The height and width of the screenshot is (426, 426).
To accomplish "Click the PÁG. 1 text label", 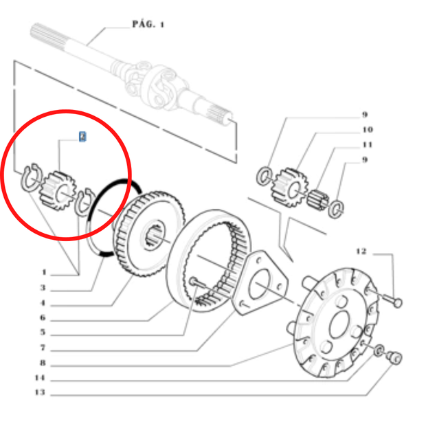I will tap(148, 24).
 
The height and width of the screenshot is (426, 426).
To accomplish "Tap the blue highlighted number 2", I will tap(82, 137).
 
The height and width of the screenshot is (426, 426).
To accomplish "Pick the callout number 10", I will tap(367, 129).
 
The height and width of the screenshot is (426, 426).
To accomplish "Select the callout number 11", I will tap(367, 144).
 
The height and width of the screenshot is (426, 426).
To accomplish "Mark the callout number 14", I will tap(40, 378).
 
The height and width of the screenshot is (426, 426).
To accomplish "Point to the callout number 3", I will tap(43, 288).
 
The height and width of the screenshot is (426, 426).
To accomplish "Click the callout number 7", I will tap(42, 348).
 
